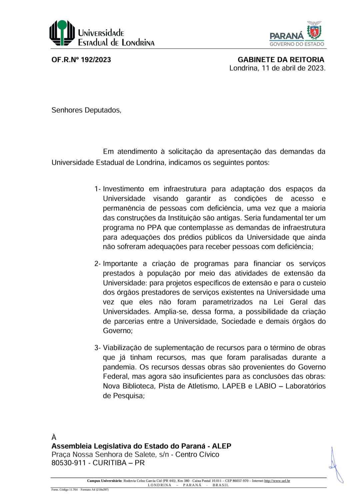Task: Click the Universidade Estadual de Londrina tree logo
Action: click(62, 33)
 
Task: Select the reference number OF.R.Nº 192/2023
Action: click(81, 60)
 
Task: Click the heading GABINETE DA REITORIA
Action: click(281, 60)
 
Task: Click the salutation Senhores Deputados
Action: click(86, 110)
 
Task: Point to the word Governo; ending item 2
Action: click(118, 331)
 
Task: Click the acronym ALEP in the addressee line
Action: click(221, 446)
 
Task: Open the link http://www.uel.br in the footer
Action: click(277, 481)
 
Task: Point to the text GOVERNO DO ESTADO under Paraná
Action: click(296, 44)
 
